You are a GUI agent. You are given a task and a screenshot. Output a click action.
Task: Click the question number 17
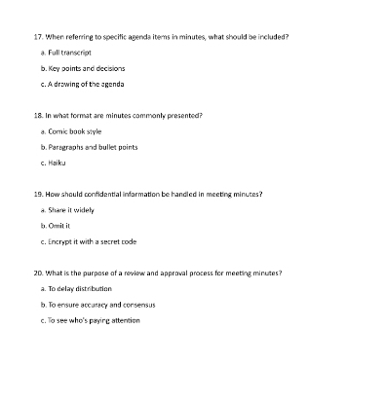coord(38,36)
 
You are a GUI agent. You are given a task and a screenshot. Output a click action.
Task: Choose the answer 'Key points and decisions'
coord(83,68)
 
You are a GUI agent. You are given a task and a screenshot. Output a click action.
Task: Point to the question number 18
coord(38,115)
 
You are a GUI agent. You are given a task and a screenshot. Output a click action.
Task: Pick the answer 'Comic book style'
coord(72,130)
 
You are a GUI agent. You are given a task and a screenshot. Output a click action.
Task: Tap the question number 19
coord(38,194)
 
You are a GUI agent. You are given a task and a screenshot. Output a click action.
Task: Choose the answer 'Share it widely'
coord(68,209)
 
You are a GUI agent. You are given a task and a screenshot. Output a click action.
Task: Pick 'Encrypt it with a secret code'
coord(88,240)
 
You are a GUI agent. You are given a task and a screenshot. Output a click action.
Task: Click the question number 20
coord(38,273)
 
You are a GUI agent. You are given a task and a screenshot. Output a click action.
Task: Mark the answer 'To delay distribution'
coord(76,288)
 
